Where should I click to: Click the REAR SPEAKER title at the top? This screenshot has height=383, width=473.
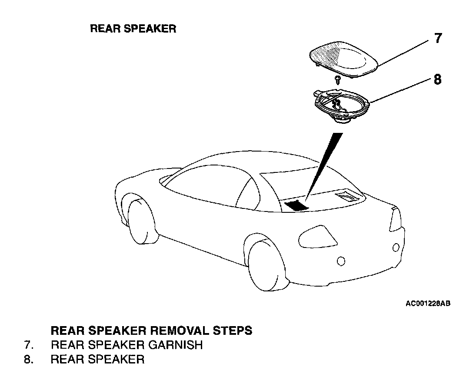point(133,29)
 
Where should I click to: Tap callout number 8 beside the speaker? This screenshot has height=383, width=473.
point(437,80)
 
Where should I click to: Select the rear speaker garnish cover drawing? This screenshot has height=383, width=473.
point(343,61)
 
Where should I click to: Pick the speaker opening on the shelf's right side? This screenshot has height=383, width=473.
point(348,197)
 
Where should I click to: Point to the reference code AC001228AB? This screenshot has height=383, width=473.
point(428,304)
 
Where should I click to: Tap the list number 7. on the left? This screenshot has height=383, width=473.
point(29,345)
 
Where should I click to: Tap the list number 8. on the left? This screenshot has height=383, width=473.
point(29,360)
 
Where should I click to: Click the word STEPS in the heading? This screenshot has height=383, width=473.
point(235,330)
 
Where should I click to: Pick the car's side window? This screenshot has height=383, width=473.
point(204,187)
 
